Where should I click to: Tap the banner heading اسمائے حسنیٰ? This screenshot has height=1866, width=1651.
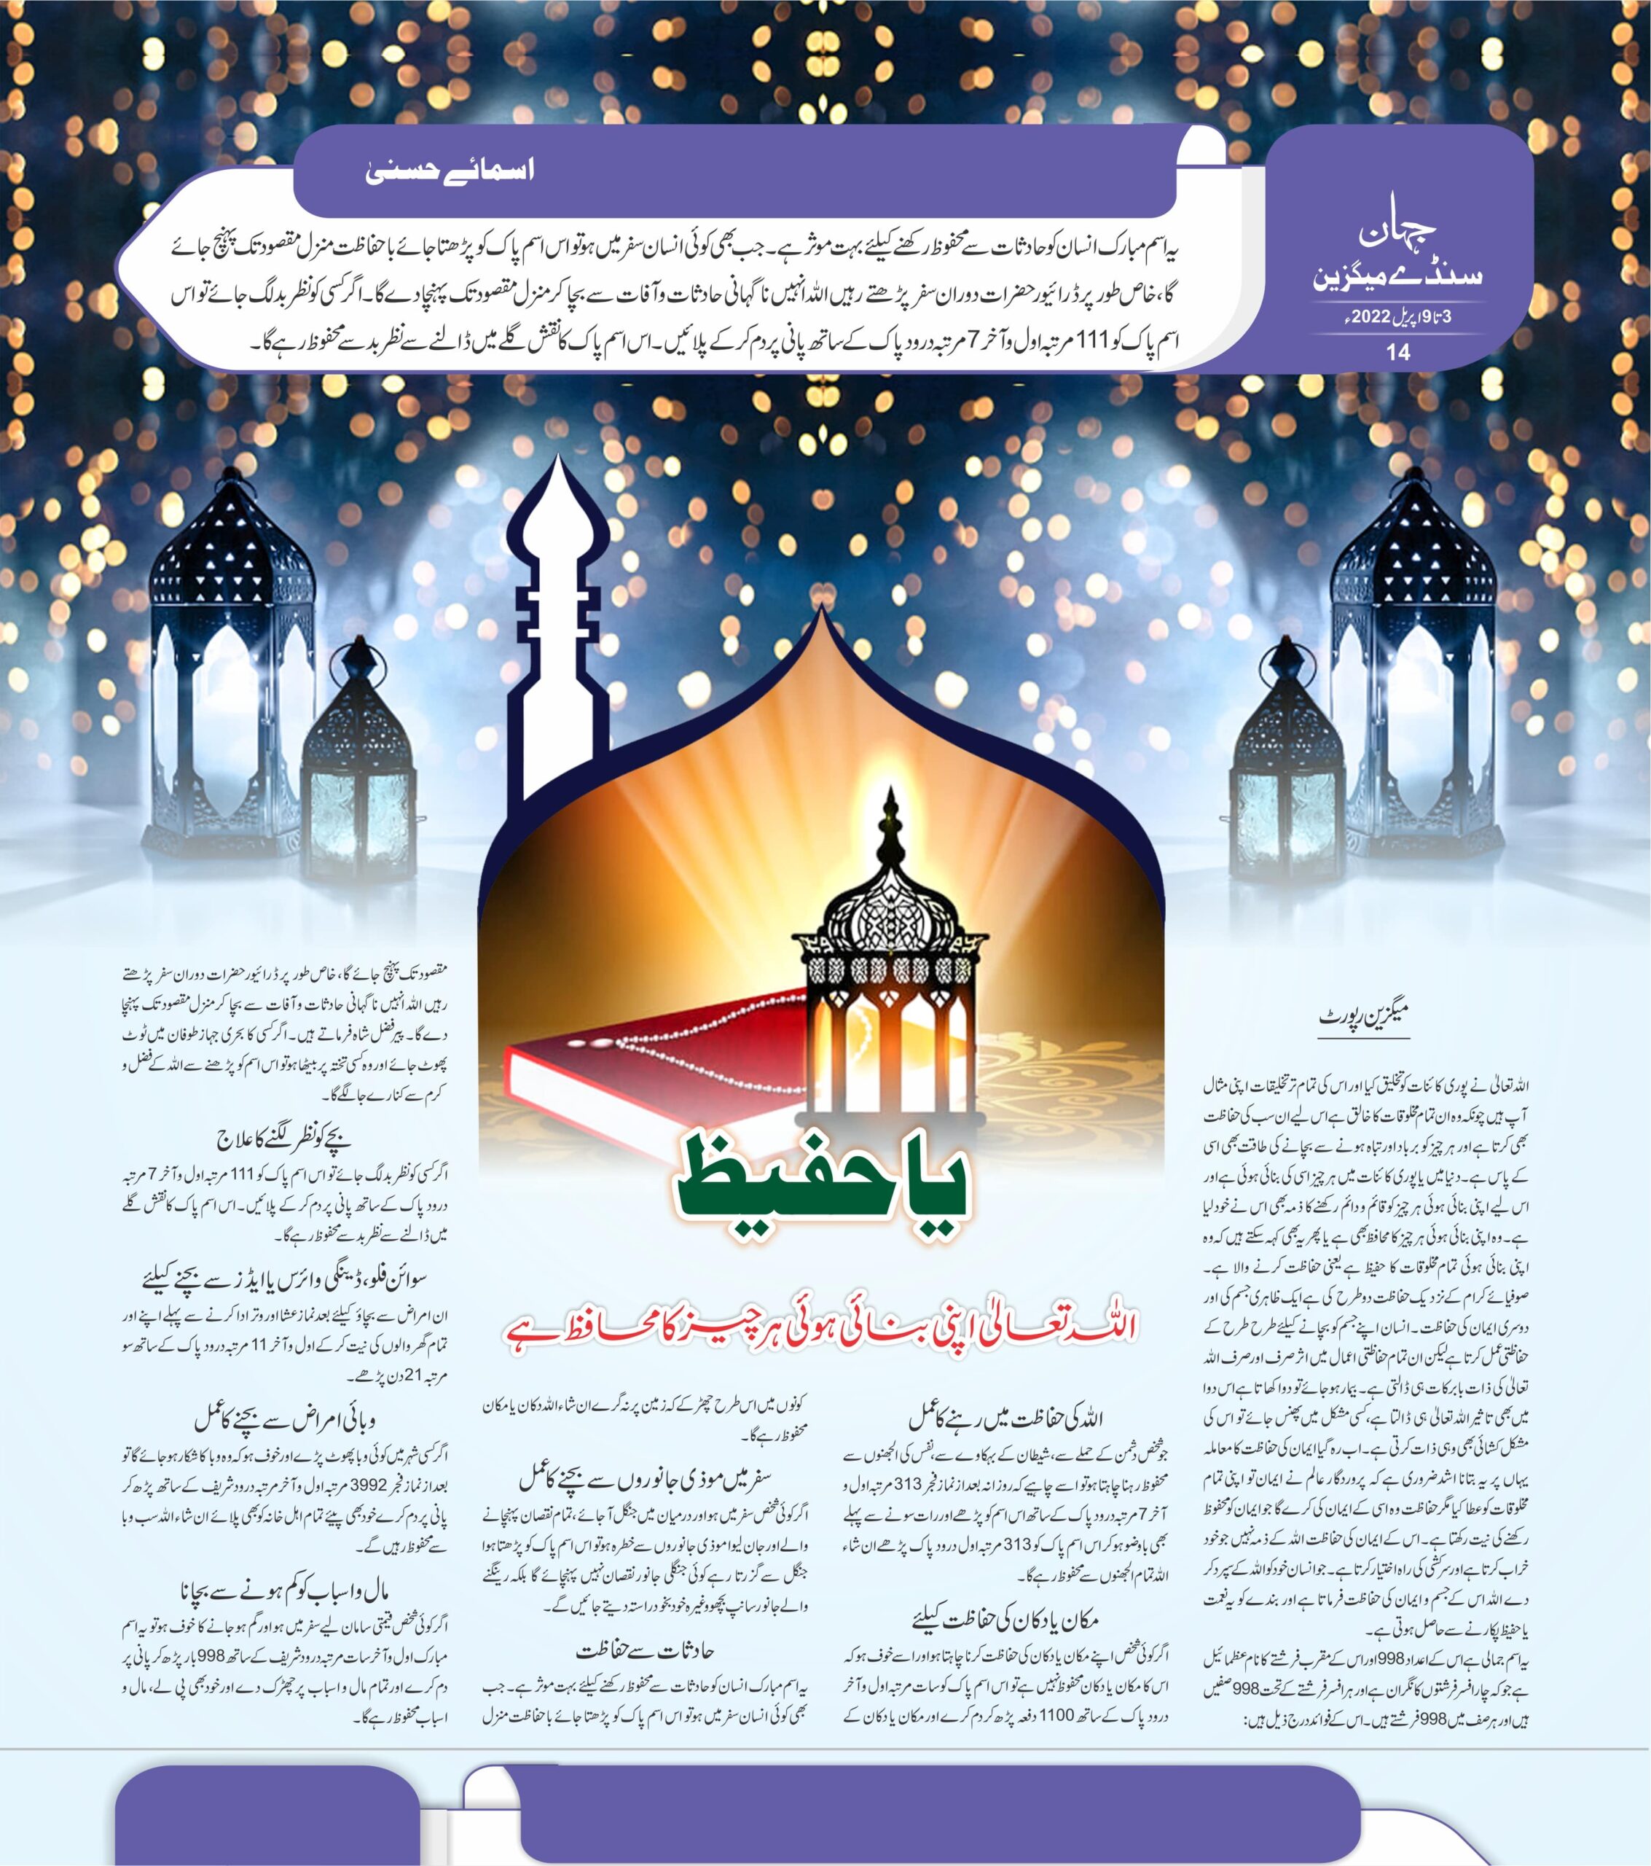pyautogui.click(x=449, y=171)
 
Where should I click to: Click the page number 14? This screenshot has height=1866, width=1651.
pyautogui.click(x=1397, y=352)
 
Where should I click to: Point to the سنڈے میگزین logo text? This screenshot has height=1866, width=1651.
pyautogui.click(x=1397, y=276)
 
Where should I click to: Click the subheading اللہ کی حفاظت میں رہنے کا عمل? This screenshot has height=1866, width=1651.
pyautogui.click(x=1005, y=1418)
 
